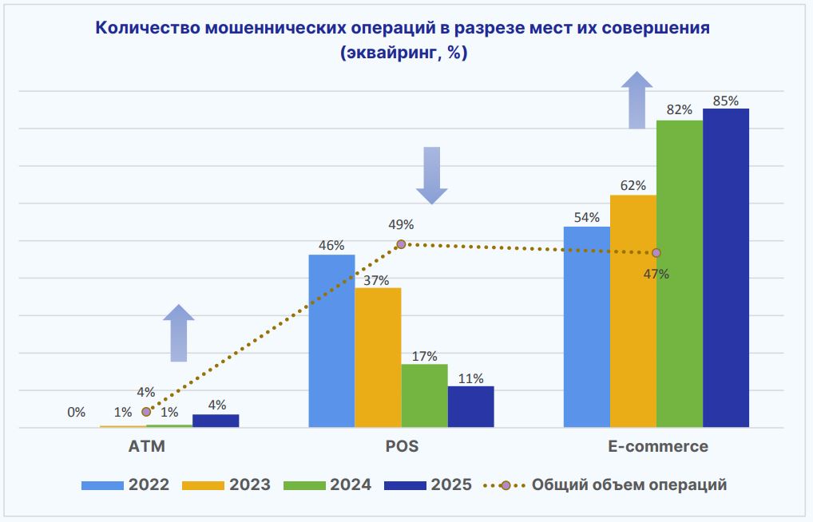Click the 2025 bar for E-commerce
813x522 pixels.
coord(726,267)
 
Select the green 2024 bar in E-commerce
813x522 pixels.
coord(680,274)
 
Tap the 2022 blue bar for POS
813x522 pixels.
coord(331,341)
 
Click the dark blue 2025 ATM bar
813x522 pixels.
coord(216,421)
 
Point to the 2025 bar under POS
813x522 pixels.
coord(470,407)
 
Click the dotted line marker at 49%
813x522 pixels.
coord(401,244)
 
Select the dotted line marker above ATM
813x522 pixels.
coord(146,412)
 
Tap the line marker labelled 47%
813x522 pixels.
coord(656,252)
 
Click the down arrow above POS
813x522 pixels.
coord(432,176)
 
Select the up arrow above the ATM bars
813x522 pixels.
coord(179,333)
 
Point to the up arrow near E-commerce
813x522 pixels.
coord(637,100)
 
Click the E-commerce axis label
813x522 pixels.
coord(656,447)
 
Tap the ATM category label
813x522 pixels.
coord(146,447)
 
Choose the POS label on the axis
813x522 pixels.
coord(401,447)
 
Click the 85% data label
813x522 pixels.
coord(726,101)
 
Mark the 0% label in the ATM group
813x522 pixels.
coord(77,413)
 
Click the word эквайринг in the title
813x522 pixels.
coord(391,53)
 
